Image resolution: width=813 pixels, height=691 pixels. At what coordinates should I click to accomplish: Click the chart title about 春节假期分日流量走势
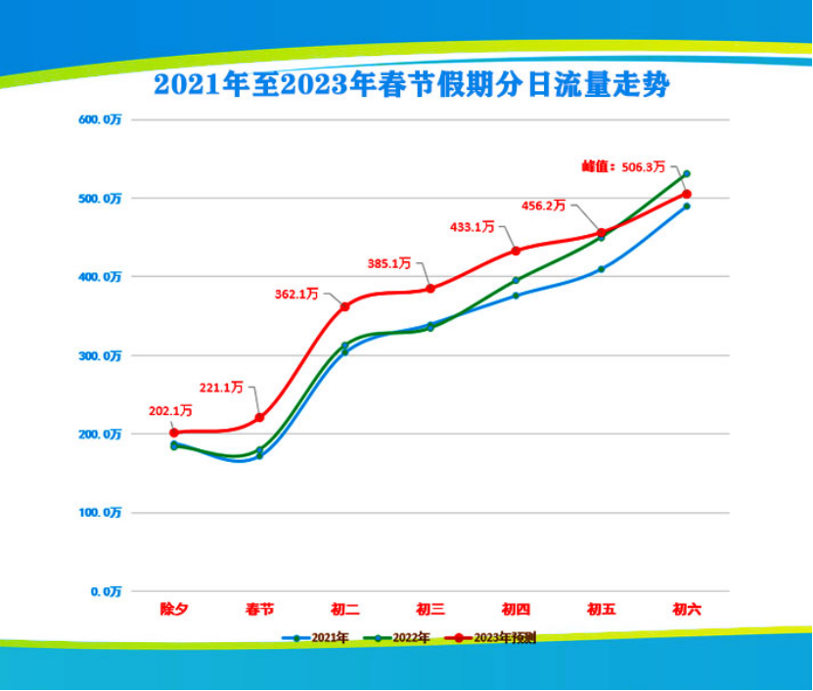tap(411, 85)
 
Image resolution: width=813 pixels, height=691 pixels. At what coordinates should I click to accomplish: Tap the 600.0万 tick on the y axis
tap(101, 119)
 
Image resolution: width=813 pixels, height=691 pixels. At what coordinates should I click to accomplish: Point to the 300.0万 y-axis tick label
tap(101, 355)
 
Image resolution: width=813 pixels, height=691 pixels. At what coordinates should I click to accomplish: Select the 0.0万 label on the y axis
tap(105, 591)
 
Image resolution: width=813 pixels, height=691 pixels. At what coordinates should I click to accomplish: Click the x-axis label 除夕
tap(174, 609)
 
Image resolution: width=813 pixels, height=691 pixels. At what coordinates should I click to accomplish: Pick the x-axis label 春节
tap(259, 609)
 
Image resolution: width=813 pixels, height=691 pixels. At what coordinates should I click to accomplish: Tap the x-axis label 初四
tap(516, 609)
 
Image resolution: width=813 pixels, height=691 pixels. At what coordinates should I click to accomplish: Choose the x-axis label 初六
tap(687, 609)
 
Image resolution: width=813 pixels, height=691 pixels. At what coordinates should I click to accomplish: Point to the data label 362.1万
tap(299, 292)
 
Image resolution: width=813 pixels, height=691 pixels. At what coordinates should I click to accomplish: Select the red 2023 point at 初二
tap(345, 307)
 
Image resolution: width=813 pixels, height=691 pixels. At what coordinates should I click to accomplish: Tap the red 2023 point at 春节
tap(259, 418)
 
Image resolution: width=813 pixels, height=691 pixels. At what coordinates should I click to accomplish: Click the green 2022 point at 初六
tap(687, 174)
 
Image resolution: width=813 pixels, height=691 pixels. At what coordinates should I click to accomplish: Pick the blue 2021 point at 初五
tap(602, 269)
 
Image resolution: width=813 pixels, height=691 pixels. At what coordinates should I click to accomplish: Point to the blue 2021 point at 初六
tap(687, 207)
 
